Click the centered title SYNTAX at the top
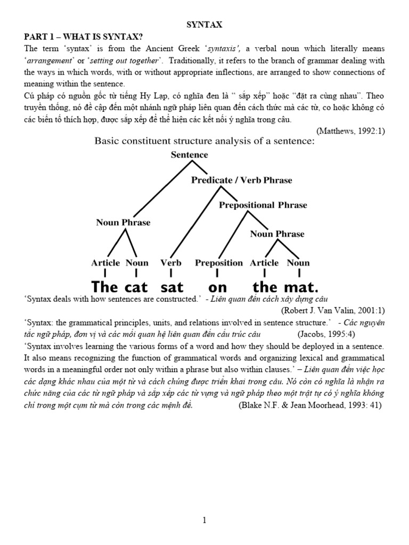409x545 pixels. click(204, 24)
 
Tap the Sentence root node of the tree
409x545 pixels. click(190, 155)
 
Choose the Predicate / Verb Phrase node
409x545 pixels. click(241, 180)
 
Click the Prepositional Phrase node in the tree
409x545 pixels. click(263, 205)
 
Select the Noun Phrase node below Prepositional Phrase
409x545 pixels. click(277, 234)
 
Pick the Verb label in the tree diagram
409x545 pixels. click(170, 262)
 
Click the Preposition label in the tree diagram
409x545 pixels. click(218, 262)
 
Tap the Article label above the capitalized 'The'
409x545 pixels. click(105, 262)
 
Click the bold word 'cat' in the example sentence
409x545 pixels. click(136, 287)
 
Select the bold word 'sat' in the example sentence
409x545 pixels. click(171, 287)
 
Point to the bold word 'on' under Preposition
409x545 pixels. click(218, 287)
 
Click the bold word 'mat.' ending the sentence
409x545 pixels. click(301, 287)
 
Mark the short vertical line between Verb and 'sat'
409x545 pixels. click(170, 274)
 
